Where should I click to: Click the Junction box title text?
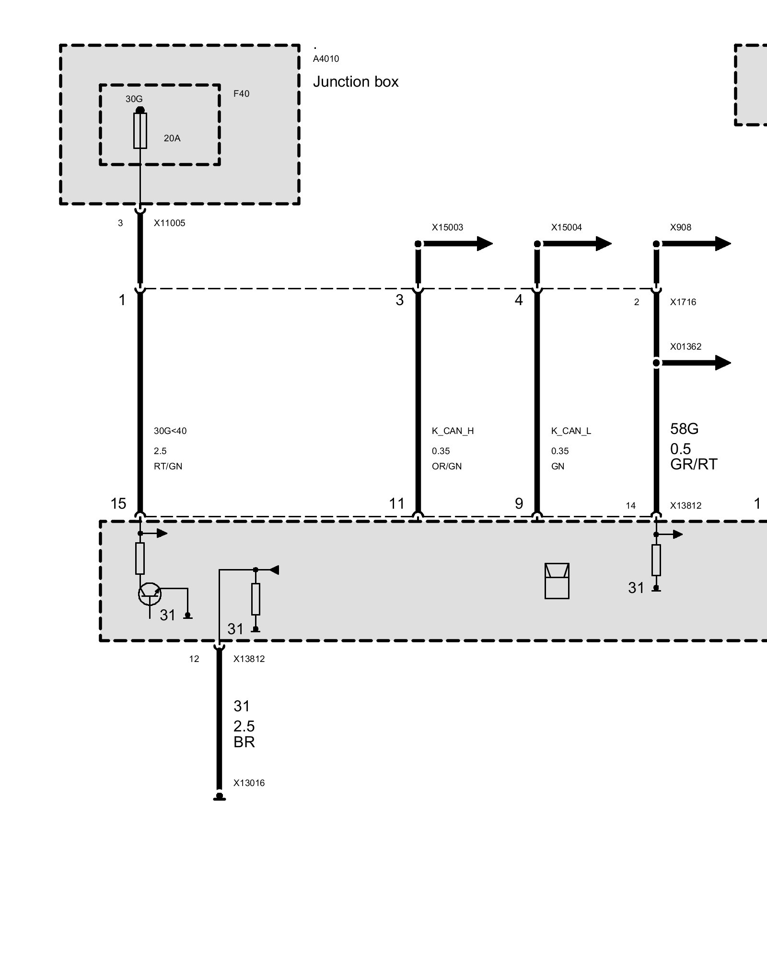tap(355, 82)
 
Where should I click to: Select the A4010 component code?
tap(326, 59)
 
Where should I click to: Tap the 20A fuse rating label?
tap(172, 138)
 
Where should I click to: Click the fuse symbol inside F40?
tap(140, 130)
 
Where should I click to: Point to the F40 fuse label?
tap(241, 94)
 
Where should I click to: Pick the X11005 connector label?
tap(169, 223)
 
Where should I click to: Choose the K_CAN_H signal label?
tap(453, 431)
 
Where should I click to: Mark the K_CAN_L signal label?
tap(571, 431)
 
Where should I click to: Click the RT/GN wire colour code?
tap(168, 467)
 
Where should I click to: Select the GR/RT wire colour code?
tap(694, 464)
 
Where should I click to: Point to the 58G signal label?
tap(684, 429)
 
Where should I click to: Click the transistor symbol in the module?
tap(150, 594)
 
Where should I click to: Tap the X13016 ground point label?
tap(249, 783)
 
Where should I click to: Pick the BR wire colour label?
tap(244, 742)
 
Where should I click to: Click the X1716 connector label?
tap(683, 302)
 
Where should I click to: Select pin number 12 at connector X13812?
tap(194, 659)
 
